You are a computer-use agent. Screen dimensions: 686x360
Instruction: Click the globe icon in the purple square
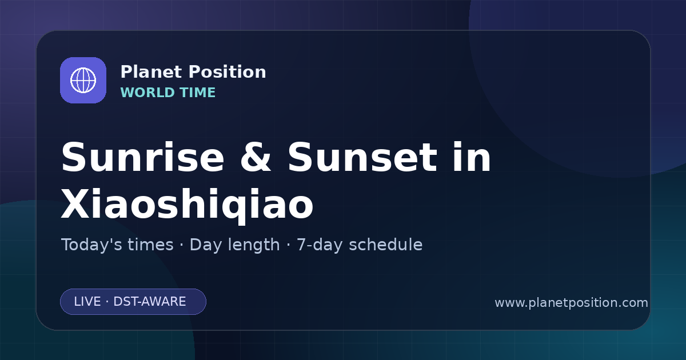83,80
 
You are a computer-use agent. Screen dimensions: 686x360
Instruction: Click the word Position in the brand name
228,72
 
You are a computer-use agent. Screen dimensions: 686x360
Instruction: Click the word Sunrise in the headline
143,157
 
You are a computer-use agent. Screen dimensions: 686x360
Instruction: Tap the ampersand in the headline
256,157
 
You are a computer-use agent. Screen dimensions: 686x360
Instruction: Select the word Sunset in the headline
362,157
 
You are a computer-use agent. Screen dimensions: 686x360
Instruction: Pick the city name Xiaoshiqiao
187,203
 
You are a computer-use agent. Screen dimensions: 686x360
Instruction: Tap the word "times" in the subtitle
150,245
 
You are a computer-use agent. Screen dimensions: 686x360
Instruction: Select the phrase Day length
235,245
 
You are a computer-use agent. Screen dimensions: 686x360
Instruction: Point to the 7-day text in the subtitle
320,245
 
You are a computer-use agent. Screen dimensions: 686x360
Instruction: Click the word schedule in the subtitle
386,245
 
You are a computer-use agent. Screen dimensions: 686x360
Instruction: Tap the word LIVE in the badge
87,302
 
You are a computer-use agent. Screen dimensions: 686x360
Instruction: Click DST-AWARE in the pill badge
150,302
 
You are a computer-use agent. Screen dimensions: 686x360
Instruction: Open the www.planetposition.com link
572,303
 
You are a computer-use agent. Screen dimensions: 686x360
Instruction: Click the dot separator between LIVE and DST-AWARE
107,302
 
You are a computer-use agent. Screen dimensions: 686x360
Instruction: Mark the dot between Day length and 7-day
288,245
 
